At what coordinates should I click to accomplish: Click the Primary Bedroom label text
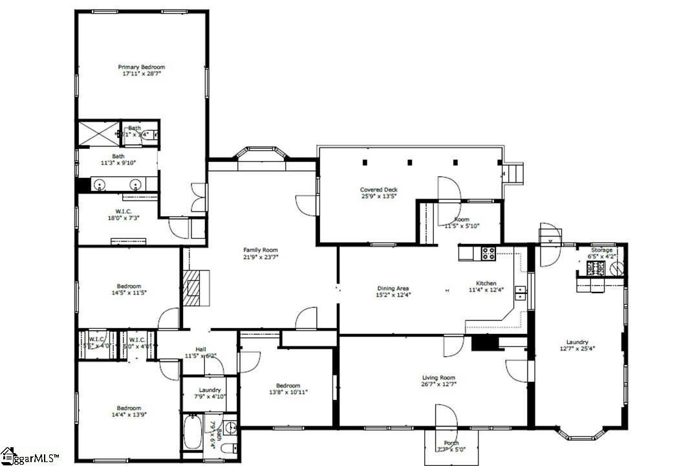(141, 67)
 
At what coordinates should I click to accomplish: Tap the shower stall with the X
(96, 135)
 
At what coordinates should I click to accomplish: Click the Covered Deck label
(379, 190)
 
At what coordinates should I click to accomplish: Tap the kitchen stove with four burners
(488, 253)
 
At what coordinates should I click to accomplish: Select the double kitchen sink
(521, 293)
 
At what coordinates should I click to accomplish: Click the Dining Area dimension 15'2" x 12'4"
(393, 294)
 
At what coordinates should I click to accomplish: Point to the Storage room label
(601, 250)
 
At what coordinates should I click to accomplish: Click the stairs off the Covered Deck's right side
(513, 174)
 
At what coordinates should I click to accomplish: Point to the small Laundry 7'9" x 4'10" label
(210, 390)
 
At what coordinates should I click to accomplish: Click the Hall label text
(201, 349)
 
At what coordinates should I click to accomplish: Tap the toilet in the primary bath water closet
(147, 135)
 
